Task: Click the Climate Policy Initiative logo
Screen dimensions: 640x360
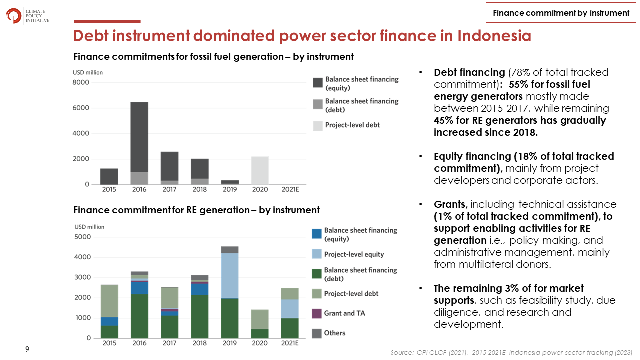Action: [x=27, y=16]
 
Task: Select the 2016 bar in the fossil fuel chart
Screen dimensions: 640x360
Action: [x=139, y=143]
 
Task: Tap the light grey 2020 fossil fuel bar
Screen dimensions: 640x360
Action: [x=260, y=170]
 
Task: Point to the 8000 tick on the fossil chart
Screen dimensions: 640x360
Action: [x=81, y=82]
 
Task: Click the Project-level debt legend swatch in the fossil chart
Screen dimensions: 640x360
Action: [x=317, y=126]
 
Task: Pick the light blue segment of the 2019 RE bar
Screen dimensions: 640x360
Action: [x=230, y=276]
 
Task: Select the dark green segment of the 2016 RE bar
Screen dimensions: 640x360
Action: [x=139, y=316]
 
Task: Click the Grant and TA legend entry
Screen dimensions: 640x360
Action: [x=338, y=313]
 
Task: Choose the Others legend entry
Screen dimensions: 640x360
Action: [x=328, y=333]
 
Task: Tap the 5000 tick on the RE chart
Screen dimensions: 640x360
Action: [x=83, y=237]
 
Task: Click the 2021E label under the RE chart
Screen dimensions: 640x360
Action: [x=290, y=343]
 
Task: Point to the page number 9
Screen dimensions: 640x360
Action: [x=27, y=349]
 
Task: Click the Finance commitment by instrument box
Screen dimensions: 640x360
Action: [x=561, y=13]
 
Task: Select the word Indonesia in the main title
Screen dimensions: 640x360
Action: [x=494, y=36]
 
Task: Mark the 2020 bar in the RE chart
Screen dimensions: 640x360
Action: [x=260, y=324]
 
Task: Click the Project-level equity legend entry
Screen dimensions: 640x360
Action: [x=348, y=254]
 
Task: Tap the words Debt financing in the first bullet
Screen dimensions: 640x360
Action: [x=469, y=72]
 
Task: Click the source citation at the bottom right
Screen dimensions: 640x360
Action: [x=511, y=353]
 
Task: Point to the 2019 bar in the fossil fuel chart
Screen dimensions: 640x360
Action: [x=230, y=182]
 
